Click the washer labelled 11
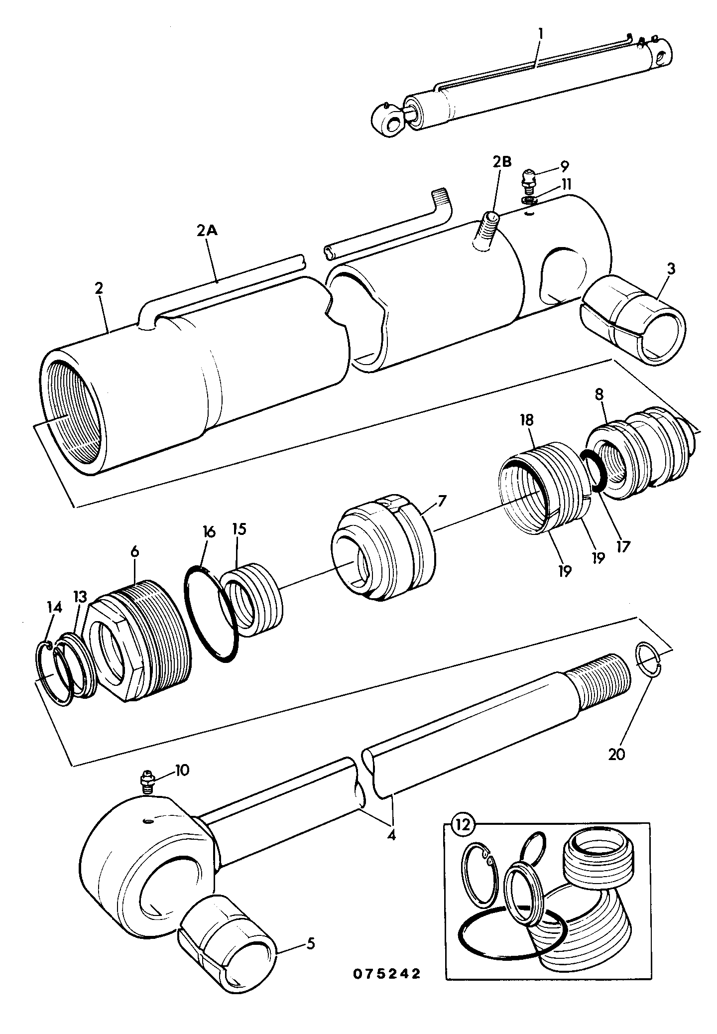tap(531, 200)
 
